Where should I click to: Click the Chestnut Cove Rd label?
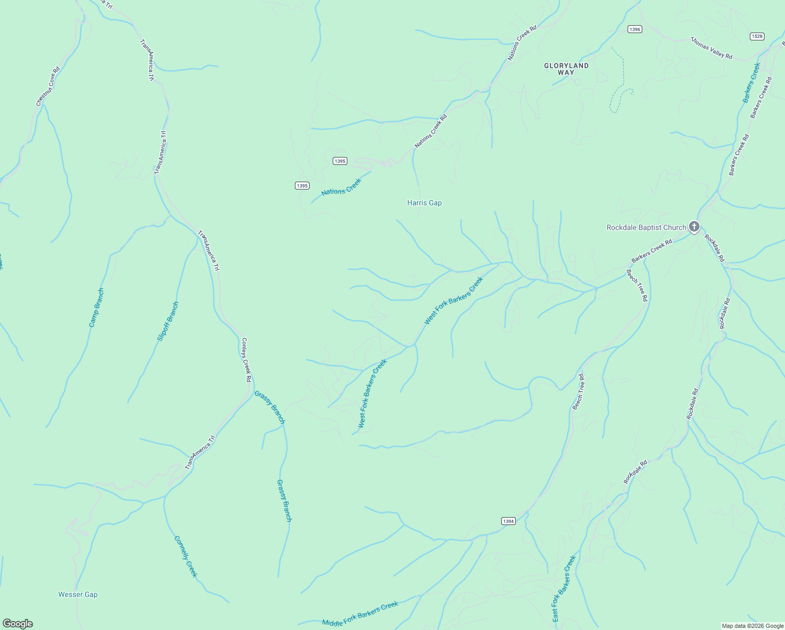tap(48, 87)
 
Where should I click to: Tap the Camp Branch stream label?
tap(97, 308)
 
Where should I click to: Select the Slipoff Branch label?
tap(168, 321)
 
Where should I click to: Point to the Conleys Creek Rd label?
tap(246, 360)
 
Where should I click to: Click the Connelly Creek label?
tap(186, 556)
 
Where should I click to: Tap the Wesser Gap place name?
tap(78, 594)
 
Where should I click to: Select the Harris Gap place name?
tap(425, 203)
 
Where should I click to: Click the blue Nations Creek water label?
tap(342, 187)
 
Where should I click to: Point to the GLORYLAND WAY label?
tap(566, 69)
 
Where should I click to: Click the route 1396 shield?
tap(635, 29)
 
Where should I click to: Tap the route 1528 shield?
tap(757, 36)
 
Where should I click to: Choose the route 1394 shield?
tap(508, 521)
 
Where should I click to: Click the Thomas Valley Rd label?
tap(711, 48)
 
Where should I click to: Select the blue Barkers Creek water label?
tap(751, 82)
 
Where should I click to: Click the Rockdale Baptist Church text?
tap(646, 227)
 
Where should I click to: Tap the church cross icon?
tap(694, 227)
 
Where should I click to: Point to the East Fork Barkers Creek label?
tap(564, 589)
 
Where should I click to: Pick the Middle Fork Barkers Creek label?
tap(360, 614)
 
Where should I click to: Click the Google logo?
tap(17, 624)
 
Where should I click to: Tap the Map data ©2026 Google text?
tap(752, 626)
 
